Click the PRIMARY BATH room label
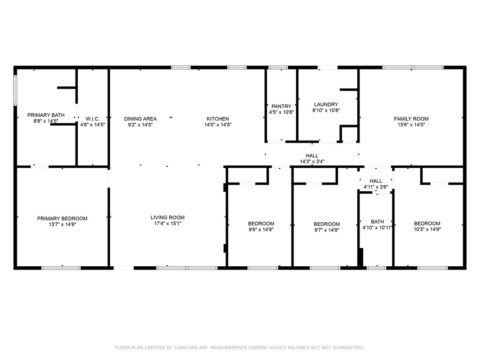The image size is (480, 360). click(x=46, y=115)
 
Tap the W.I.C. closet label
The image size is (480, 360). click(x=92, y=119)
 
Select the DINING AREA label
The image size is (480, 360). click(x=140, y=119)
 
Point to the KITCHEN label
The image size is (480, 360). click(x=217, y=119)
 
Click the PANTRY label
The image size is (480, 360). click(x=281, y=106)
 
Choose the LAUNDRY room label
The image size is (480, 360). click(x=326, y=105)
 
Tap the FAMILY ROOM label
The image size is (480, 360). click(x=411, y=119)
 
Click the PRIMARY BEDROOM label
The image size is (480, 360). click(x=62, y=218)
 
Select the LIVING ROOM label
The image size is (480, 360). click(x=167, y=217)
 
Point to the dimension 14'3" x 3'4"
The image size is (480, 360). click(x=312, y=162)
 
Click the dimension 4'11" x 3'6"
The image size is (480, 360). click(x=375, y=187)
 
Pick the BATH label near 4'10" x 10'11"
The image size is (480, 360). click(x=377, y=222)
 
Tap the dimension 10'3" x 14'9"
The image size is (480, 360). click(x=427, y=229)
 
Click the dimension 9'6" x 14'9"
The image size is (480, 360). click(x=261, y=229)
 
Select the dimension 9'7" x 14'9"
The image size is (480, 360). click(x=327, y=230)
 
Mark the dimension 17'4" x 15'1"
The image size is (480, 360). click(x=167, y=224)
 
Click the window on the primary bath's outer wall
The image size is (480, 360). click(x=15, y=90)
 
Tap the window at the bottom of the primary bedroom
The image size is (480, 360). click(x=61, y=268)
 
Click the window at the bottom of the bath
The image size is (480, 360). click(x=376, y=268)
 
